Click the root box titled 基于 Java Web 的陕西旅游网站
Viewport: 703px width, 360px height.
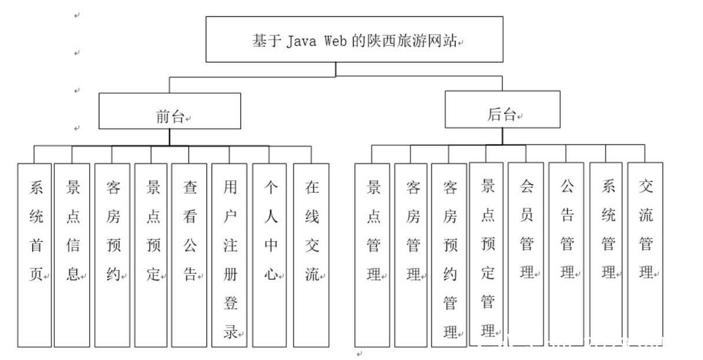[x=354, y=39]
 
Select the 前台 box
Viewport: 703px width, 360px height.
[x=170, y=111]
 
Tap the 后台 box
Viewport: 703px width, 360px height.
[x=502, y=110]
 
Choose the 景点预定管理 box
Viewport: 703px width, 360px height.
[x=487, y=254]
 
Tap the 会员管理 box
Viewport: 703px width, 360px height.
[x=526, y=254]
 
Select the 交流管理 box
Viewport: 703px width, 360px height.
[x=645, y=254]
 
